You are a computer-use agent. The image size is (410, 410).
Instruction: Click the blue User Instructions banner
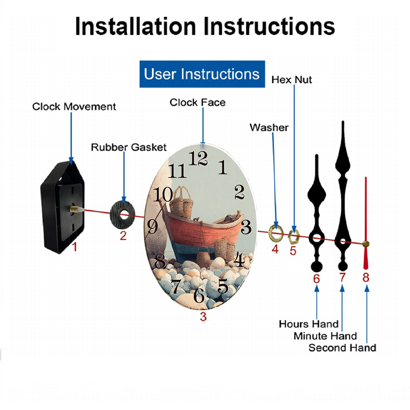tap(202, 74)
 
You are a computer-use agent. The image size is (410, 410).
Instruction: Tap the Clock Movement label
tap(74, 107)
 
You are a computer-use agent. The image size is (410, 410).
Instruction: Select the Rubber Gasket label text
tap(129, 147)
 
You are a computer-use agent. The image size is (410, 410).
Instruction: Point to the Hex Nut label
tap(292, 80)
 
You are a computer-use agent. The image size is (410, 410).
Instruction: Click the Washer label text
tap(269, 128)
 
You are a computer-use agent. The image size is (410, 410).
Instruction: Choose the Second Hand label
tap(342, 348)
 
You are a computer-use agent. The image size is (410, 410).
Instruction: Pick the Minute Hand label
tap(325, 336)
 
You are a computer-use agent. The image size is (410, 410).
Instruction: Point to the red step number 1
tap(75, 247)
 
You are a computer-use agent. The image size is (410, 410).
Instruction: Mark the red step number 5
tap(293, 251)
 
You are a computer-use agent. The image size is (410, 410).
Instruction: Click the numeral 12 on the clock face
tap(198, 158)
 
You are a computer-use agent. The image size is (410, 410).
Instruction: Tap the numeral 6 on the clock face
tap(199, 295)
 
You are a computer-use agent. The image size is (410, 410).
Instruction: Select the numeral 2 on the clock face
tap(239, 192)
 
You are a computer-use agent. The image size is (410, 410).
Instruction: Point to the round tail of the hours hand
tap(317, 267)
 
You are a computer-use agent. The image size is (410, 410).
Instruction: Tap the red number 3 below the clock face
tap(203, 317)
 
